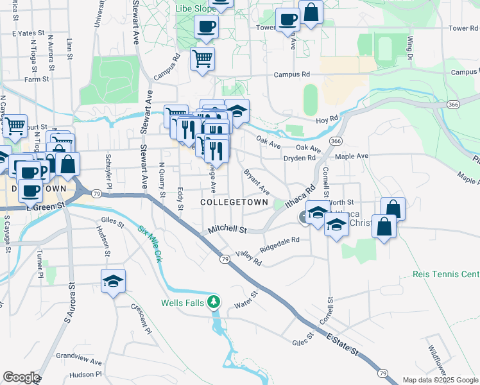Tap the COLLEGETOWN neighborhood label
(234, 201)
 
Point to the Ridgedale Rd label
(280, 244)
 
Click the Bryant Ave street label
(256, 182)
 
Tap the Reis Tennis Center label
(447, 275)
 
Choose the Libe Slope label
(195, 10)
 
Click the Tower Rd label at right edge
(463, 28)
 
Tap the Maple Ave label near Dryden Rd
(352, 156)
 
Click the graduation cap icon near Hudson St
(114, 282)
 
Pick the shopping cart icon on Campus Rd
(203, 59)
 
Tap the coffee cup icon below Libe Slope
(207, 28)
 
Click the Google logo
(21, 377)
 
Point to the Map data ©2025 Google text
(441, 380)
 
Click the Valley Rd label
(248, 258)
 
